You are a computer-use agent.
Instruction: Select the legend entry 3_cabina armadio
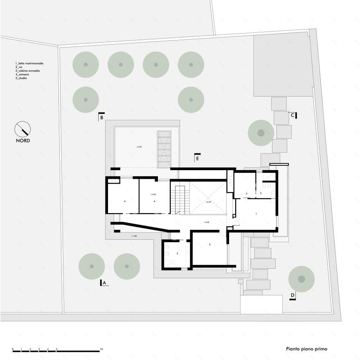point(28,71)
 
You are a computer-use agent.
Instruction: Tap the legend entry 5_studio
point(21,78)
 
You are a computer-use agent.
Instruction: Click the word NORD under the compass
point(22,140)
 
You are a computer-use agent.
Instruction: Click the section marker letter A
point(104,283)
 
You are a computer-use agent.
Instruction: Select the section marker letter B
point(102,118)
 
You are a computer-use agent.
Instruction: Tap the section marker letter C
point(292,115)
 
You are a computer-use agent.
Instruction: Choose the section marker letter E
point(197,157)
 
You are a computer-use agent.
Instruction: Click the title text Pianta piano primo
point(307,349)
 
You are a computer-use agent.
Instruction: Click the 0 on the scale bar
point(13,349)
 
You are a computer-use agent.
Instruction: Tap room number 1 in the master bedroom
point(256,214)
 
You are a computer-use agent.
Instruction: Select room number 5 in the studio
point(209,244)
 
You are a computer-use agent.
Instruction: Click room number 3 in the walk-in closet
point(246,193)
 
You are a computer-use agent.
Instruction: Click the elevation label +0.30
point(208,202)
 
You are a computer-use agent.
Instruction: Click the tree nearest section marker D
point(301,279)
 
